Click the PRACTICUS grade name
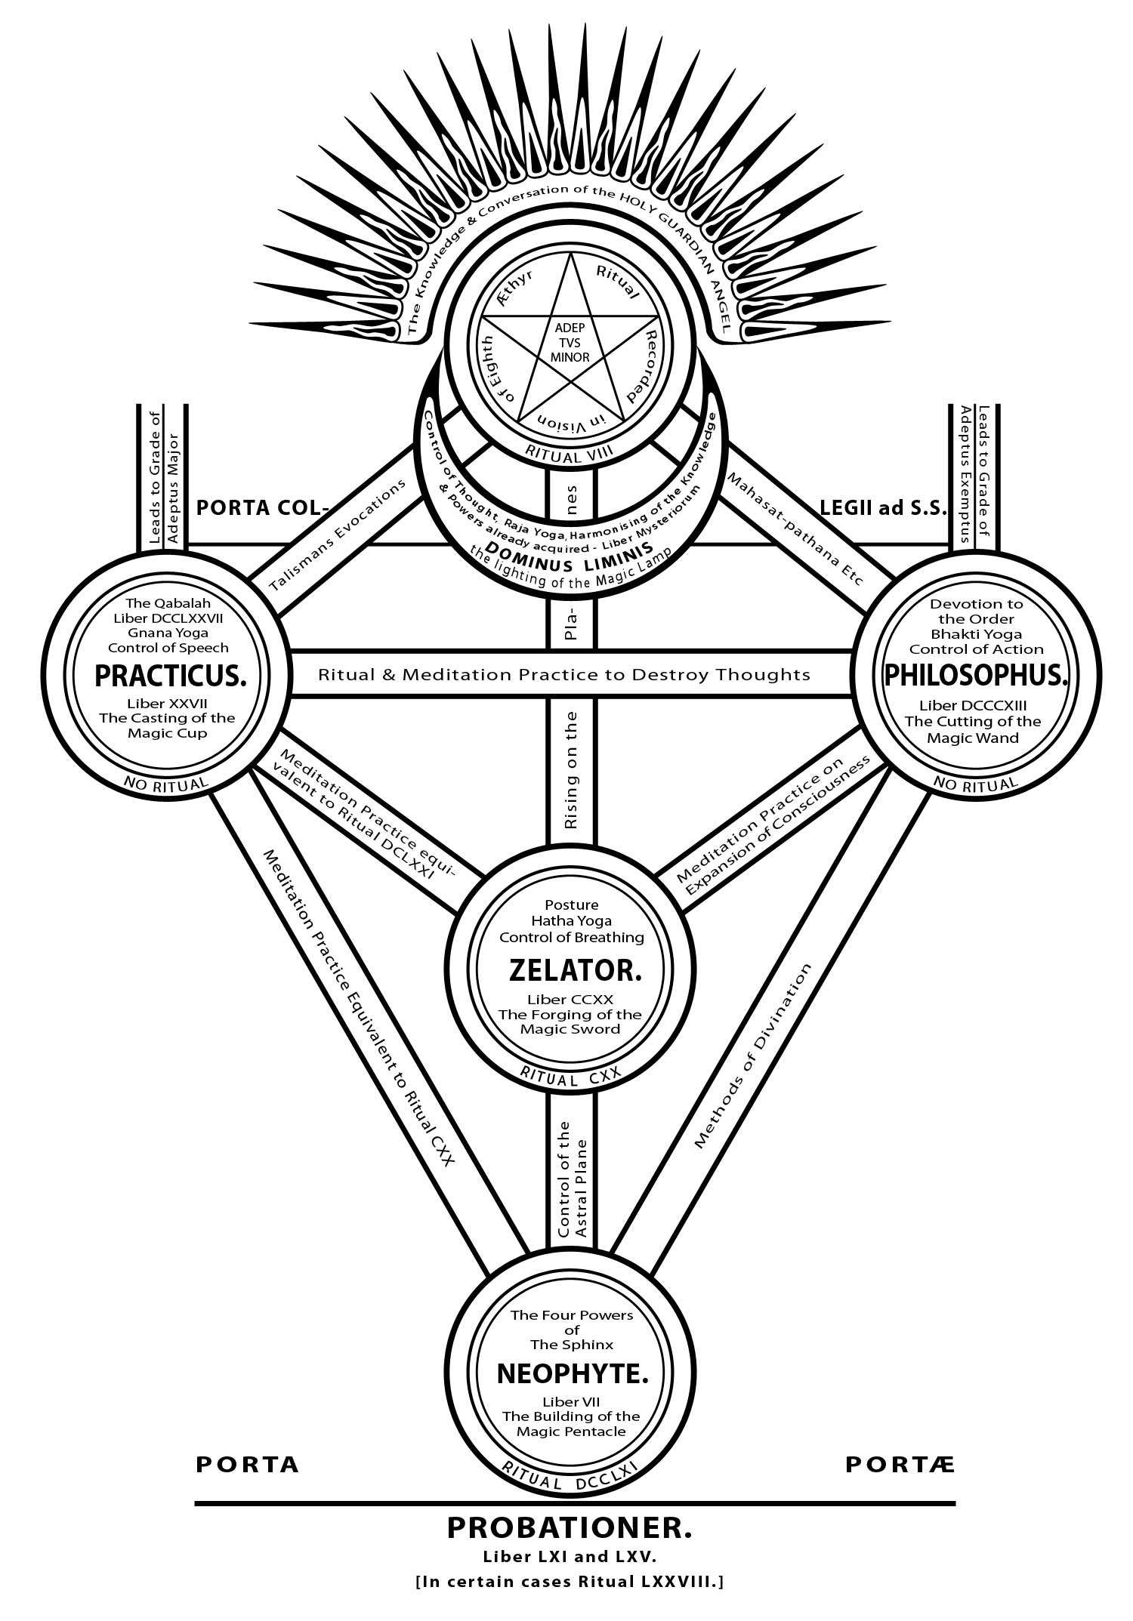pos(171,676)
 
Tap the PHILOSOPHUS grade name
pos(977,676)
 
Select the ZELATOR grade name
pos(576,970)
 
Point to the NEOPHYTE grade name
pos(573,1373)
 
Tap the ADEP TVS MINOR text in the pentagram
pos(571,343)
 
